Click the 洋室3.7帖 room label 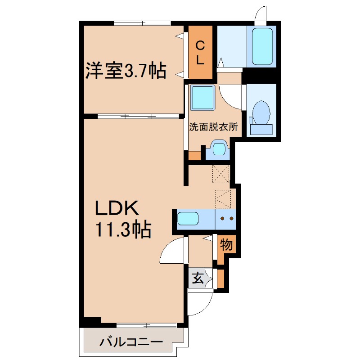[x=126, y=71]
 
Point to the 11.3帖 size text [x=122, y=230]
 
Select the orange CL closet [x=200, y=52]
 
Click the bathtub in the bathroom [x=262, y=47]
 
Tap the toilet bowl [x=261, y=112]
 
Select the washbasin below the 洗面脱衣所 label [x=219, y=149]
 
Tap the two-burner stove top [x=225, y=219]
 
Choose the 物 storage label [x=226, y=246]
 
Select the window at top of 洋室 [x=142, y=23]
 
